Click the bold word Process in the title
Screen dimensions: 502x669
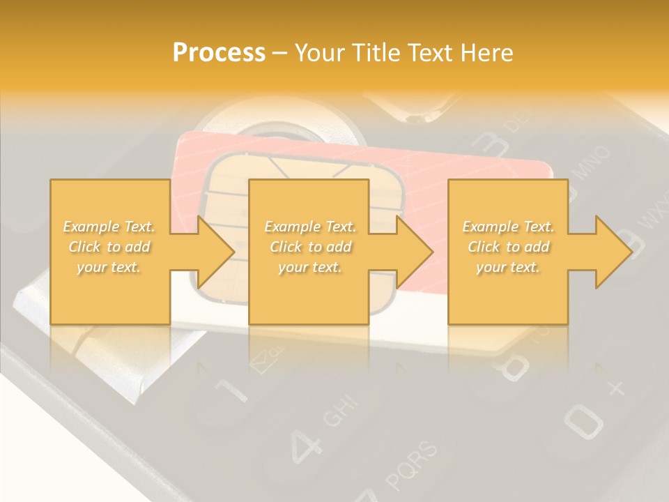219,53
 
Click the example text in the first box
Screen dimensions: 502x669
109,247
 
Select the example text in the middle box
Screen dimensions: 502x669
310,247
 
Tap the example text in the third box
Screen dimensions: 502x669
508,247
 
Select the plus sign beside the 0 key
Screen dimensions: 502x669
615,389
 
